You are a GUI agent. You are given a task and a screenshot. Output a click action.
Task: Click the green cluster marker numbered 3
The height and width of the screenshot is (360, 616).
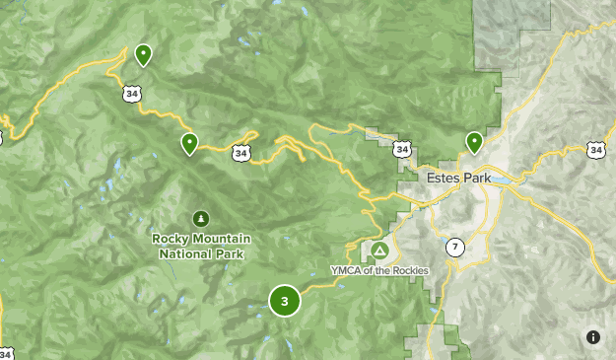(x=285, y=301)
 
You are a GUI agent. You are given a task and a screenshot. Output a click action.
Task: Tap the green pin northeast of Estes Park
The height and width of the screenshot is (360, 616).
(x=474, y=142)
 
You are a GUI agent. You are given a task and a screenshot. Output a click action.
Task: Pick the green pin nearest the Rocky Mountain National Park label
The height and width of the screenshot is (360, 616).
(x=189, y=144)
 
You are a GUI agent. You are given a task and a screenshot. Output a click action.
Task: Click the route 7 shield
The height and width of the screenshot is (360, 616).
(x=454, y=247)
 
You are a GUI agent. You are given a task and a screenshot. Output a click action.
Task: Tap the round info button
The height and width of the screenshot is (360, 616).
(x=592, y=337)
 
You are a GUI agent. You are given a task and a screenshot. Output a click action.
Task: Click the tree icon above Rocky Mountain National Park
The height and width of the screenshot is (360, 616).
(x=201, y=218)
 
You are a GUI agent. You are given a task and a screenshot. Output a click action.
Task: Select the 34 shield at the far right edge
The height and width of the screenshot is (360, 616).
(x=595, y=149)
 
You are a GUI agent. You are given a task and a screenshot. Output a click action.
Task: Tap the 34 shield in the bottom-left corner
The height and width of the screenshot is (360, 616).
(x=6, y=353)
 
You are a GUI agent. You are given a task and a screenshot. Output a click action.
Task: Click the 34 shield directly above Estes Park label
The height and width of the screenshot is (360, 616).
(x=401, y=149)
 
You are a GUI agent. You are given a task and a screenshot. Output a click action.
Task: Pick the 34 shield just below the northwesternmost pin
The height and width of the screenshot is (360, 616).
(x=132, y=94)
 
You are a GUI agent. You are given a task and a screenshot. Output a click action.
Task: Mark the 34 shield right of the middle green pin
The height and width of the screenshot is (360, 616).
(x=240, y=153)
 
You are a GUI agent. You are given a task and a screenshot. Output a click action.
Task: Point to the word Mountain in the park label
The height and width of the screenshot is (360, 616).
(x=223, y=239)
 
